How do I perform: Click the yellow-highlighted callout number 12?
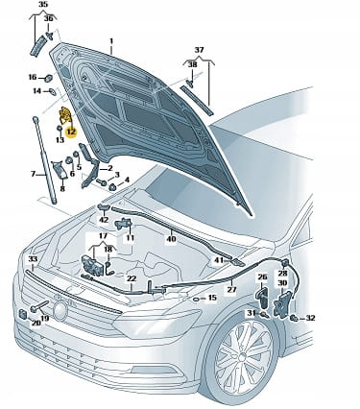pyautogui.click(x=71, y=132)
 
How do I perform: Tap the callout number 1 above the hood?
pyautogui.click(x=111, y=41)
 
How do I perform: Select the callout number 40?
pyautogui.click(x=172, y=239)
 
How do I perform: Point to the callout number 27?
pyautogui.click(x=231, y=289)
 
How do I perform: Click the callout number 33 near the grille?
pyautogui.click(x=33, y=259)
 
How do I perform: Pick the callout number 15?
pyautogui.click(x=212, y=298)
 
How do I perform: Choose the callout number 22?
pyautogui.click(x=132, y=278)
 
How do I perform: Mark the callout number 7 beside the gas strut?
pyautogui.click(x=33, y=174)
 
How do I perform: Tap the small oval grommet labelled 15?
pyautogui.click(x=197, y=299)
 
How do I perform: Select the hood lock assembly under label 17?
pyautogui.click(x=92, y=265)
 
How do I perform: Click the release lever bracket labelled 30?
pyautogui.click(x=282, y=304)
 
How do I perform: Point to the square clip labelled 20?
pyautogui.click(x=23, y=314)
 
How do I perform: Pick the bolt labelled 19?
pyautogui.click(x=39, y=305)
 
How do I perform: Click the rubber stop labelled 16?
pyautogui.click(x=49, y=78)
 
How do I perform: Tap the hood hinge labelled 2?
pyautogui.click(x=88, y=165)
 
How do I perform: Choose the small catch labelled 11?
pyautogui.click(x=124, y=223)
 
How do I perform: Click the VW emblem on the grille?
pyautogui.click(x=60, y=310)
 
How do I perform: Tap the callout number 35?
pyautogui.click(x=43, y=5)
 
